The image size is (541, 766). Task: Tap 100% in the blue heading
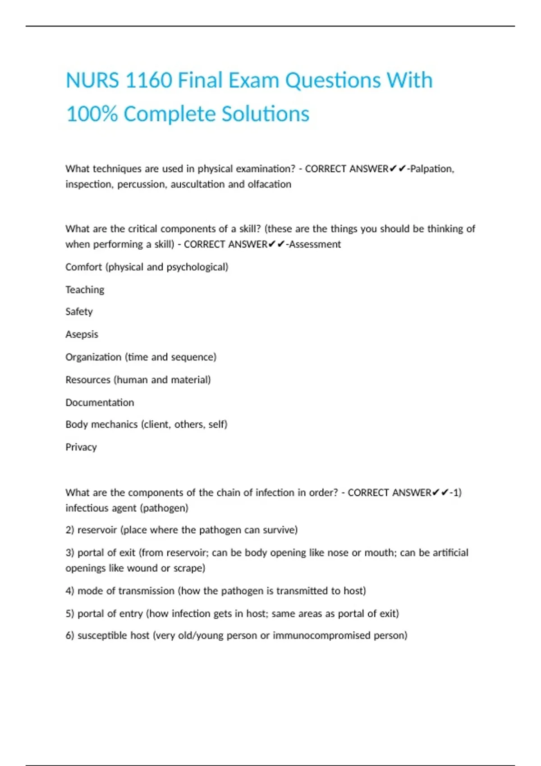(92, 114)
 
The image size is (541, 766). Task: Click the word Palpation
(431, 169)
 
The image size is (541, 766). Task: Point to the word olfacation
(269, 184)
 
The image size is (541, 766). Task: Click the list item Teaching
(85, 290)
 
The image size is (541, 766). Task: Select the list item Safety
(79, 312)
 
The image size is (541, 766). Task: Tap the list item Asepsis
(82, 334)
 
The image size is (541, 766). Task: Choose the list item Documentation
(100, 402)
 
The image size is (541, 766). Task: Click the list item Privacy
(81, 447)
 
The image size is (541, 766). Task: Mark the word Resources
(87, 380)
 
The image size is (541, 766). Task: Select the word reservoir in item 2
(97, 530)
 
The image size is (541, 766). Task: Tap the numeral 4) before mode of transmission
(69, 591)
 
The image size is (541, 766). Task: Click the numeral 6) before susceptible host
(69, 635)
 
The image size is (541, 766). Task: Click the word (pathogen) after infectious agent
(164, 508)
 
